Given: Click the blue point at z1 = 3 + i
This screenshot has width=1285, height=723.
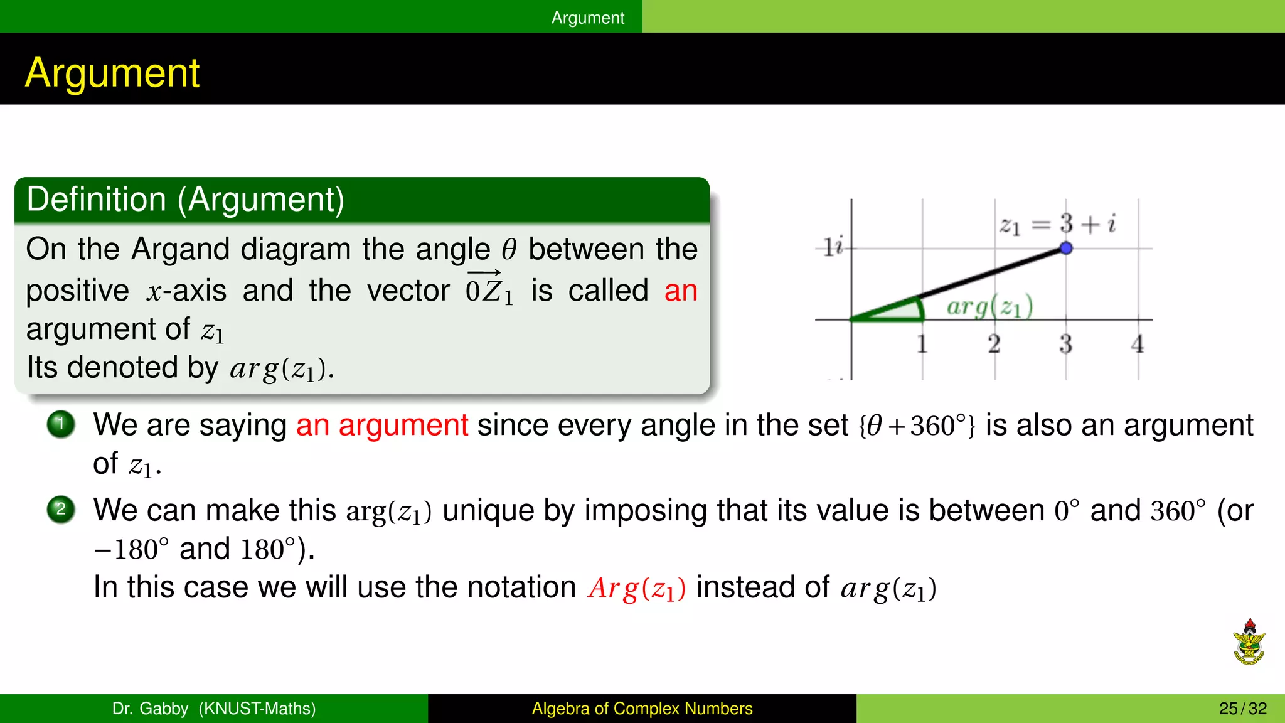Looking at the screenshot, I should click(x=1066, y=248).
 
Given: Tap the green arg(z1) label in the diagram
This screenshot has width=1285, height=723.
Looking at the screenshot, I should click(x=989, y=307).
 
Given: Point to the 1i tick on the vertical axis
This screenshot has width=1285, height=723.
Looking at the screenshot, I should click(x=833, y=247).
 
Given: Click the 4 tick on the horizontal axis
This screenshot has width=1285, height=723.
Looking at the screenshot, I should click(x=1138, y=343).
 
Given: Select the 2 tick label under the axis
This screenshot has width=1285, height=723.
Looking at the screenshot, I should click(x=994, y=343).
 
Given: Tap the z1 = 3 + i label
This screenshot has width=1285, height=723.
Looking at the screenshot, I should click(x=1057, y=224).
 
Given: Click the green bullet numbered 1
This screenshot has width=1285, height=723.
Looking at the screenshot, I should click(x=61, y=424).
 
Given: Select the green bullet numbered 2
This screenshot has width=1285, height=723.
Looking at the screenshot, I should click(x=61, y=508).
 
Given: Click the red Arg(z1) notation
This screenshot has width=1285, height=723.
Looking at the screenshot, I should click(x=636, y=589).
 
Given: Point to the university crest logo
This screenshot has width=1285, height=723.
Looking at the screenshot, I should click(x=1249, y=641).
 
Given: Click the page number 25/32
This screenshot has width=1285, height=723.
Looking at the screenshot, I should click(x=1242, y=709).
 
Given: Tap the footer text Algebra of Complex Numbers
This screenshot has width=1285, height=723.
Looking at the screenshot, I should click(x=642, y=709).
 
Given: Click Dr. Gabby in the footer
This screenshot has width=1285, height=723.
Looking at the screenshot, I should click(x=150, y=709).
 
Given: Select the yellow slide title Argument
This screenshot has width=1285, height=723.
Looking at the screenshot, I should click(x=112, y=73).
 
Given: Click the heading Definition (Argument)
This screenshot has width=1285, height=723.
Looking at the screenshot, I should click(x=186, y=200).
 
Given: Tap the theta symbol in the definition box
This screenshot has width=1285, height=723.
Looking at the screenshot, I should click(x=509, y=250).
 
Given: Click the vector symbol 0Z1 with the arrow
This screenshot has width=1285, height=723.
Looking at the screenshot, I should click(x=489, y=289).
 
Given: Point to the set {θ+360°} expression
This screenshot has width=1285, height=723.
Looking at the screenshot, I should click(x=917, y=426).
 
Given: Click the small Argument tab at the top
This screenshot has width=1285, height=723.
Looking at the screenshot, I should click(x=588, y=18).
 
